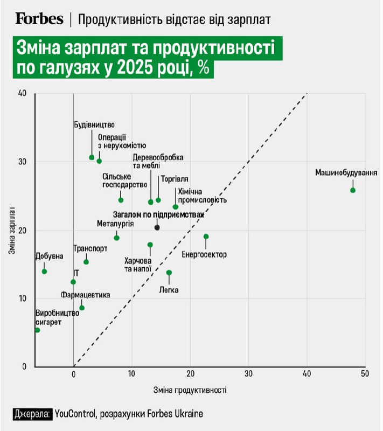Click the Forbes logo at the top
pos(39,19)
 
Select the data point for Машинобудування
pos(353,190)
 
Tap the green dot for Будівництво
pos(92,157)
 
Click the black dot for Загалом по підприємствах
pos(157,227)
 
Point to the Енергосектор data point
pos(206,237)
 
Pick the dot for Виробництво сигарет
pos(37,330)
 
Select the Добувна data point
pos(44,271)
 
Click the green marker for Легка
pos(169,273)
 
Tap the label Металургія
pos(115,223)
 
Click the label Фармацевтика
pos(85,295)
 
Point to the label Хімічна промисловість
pos(199,195)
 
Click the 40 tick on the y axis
pos(22,93)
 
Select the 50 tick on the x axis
pos(365,374)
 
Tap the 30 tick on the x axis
pos(248,374)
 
